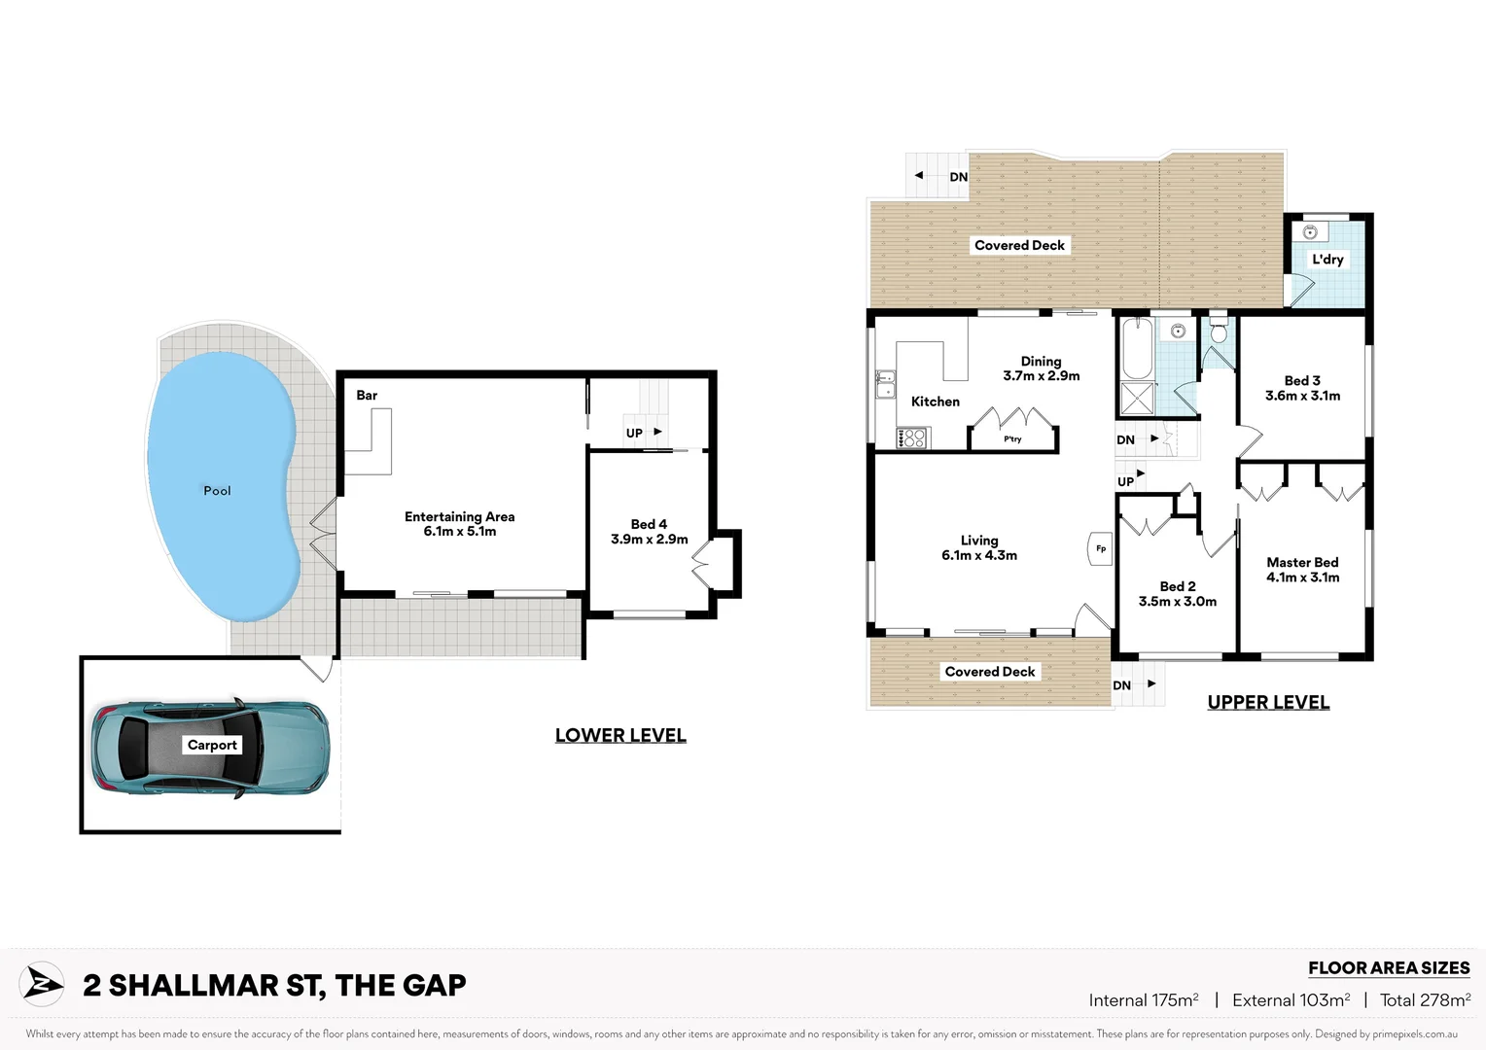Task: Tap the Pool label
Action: [x=217, y=491]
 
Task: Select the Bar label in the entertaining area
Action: [x=367, y=396]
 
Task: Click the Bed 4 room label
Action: [x=649, y=525]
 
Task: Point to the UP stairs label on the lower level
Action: [x=634, y=434]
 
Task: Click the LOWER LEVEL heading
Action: [x=620, y=736]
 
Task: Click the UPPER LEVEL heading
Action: [x=1268, y=703]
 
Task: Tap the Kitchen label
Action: [x=935, y=402]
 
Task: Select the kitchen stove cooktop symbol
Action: [x=912, y=438]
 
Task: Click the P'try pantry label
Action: [x=1012, y=439]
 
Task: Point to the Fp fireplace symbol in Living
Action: [x=1100, y=549]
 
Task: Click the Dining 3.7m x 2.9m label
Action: [x=1041, y=368]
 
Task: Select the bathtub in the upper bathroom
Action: [x=1137, y=348]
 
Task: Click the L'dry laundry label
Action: [x=1327, y=260]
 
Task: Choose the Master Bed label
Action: [x=1302, y=563]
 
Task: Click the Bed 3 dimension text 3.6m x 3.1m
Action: [x=1302, y=396]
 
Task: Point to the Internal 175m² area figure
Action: [x=1144, y=1000]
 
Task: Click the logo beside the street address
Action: [x=42, y=985]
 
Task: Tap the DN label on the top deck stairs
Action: [x=958, y=177]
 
